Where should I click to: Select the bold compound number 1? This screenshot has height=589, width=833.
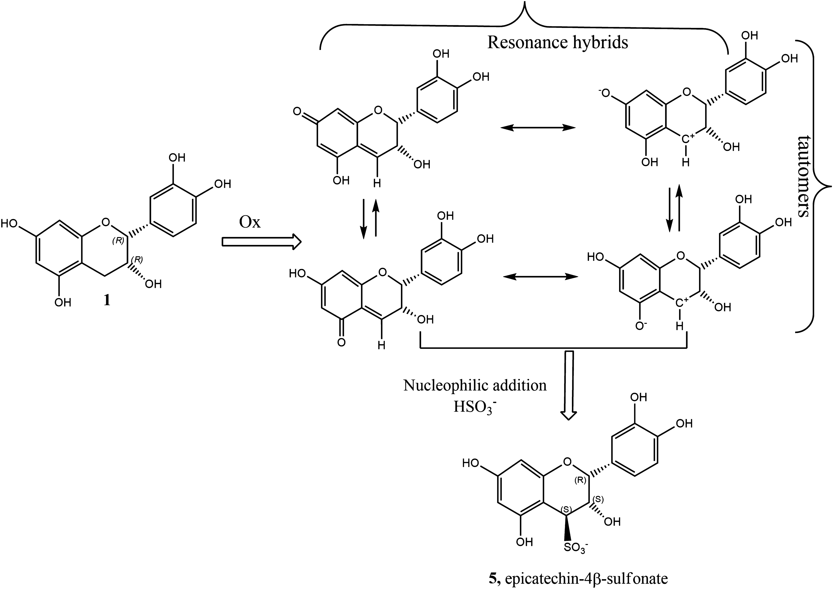pyautogui.click(x=107, y=301)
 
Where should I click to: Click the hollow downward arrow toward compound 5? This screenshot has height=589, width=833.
pyautogui.click(x=569, y=384)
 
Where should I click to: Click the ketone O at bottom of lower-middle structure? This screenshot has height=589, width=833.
pyautogui.click(x=341, y=342)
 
